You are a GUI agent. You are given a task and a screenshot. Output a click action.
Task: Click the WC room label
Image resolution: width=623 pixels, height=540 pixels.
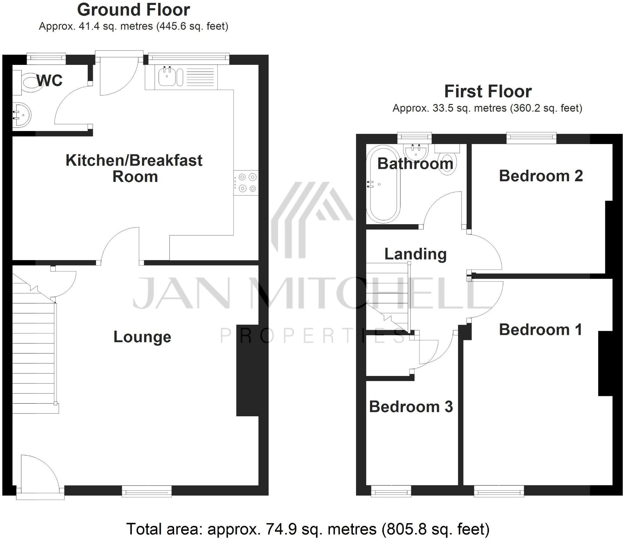pos(50,81)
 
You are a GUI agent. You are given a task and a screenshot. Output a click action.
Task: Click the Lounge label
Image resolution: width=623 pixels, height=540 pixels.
pos(142,337)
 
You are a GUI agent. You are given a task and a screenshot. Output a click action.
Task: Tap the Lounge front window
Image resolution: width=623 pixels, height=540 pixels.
pos(147,491)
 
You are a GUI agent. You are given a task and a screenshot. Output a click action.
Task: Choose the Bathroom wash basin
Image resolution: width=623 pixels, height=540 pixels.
pos(416,152)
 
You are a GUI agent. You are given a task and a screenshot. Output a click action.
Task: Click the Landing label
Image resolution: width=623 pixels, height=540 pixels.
pos(415,254)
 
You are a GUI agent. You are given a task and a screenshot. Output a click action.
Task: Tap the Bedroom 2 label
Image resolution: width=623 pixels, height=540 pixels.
pos(541,176)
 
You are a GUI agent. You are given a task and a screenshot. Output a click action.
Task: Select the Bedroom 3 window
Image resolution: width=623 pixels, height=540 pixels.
pos(391,491)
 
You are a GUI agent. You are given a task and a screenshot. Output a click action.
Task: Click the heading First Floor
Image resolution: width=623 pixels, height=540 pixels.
pos(488,92)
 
